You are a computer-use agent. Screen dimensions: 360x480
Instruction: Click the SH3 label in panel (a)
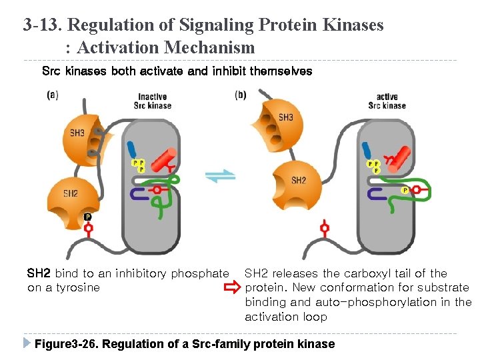point(77,133)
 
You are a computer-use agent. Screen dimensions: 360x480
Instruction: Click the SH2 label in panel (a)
point(71,193)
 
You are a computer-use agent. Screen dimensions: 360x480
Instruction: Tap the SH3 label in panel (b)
point(285,117)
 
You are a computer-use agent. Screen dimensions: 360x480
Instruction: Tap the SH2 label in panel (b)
point(299,181)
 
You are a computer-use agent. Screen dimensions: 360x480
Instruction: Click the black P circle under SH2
point(88,217)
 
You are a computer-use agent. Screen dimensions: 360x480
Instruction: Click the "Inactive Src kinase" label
point(153,101)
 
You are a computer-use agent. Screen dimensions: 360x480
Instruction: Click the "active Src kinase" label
point(387,101)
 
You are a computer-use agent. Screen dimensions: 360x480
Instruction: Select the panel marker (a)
point(52,95)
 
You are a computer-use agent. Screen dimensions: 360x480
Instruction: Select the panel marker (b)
point(241,95)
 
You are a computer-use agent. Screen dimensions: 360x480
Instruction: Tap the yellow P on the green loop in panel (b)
point(405,190)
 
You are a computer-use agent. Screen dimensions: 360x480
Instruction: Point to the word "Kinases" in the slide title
point(353,25)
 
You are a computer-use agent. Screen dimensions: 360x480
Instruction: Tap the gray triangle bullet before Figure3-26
point(27,343)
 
